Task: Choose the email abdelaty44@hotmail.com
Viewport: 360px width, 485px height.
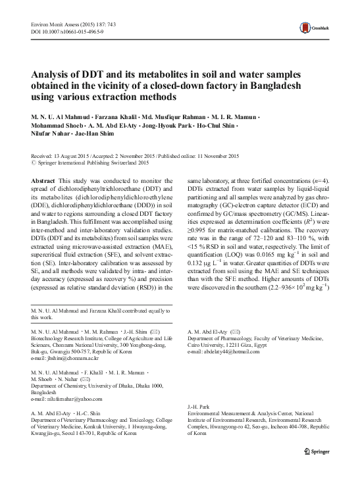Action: [220, 353]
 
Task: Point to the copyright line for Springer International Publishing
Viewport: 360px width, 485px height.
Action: [94, 162]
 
